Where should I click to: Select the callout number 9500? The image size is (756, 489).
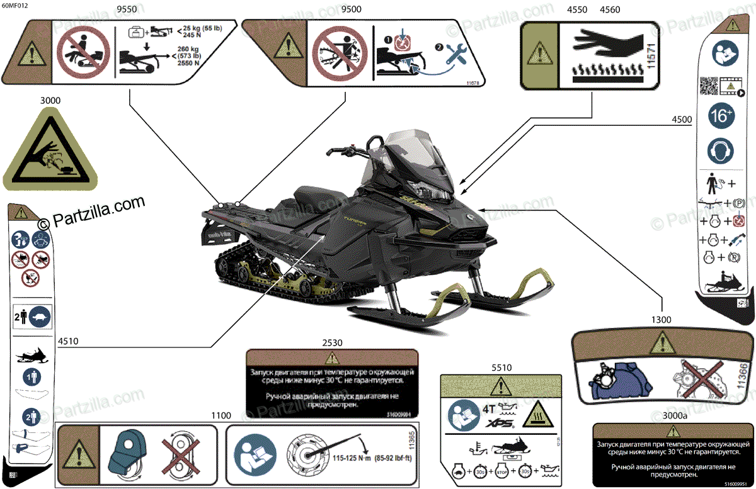pos(347,9)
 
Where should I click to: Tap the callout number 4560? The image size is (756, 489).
pos(610,9)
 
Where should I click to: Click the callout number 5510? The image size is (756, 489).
pos(501,368)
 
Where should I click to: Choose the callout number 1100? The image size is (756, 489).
pos(221,416)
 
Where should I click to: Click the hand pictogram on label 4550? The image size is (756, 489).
pos(598,42)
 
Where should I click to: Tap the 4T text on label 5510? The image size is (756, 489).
pos(488,408)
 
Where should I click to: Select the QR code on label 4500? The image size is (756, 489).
pos(708,86)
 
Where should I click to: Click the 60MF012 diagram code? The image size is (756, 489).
pos(15,6)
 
